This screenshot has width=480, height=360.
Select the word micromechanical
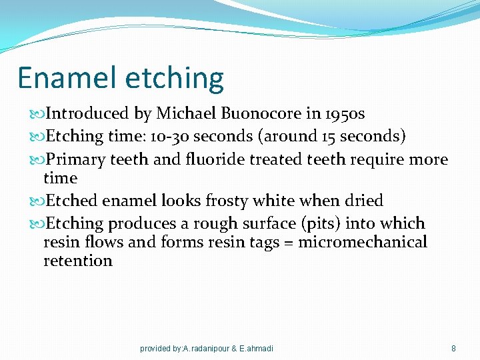pos(363,242)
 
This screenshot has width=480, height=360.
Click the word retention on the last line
pos(78,261)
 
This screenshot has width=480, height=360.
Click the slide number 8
pos(453,348)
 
